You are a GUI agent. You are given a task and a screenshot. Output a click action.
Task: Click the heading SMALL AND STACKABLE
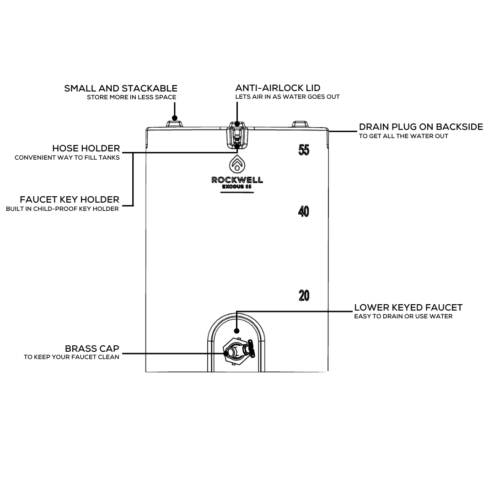point(121,88)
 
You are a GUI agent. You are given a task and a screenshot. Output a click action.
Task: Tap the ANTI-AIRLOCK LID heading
point(278,88)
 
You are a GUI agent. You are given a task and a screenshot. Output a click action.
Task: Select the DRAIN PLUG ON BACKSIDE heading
point(421,127)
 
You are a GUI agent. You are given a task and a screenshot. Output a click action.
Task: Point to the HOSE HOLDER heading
point(86,148)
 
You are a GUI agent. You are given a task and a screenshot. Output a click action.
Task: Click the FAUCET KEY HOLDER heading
point(70,199)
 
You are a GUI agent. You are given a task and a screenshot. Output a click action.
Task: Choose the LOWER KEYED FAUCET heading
point(408,307)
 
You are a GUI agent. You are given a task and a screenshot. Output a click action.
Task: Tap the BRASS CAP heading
point(92,349)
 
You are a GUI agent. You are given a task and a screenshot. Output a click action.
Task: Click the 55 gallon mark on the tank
point(304,150)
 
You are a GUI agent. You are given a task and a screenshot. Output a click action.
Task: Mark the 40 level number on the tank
point(304,211)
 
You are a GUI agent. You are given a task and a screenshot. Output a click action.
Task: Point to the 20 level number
point(304,296)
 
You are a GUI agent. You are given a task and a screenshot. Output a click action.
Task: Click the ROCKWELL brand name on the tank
point(237,180)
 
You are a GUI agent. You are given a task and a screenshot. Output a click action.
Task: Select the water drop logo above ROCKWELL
point(237,163)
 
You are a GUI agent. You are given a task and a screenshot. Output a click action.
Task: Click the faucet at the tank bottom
point(238,352)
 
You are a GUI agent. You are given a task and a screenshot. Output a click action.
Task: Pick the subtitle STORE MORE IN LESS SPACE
point(131,97)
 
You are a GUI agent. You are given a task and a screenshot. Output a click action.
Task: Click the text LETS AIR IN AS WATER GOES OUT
point(287,97)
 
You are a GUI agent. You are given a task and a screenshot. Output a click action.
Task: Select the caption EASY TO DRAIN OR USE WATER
point(403,317)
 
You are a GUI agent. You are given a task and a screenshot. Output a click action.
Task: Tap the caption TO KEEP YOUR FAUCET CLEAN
point(71,357)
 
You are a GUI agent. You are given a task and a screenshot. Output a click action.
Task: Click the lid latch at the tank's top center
point(237,135)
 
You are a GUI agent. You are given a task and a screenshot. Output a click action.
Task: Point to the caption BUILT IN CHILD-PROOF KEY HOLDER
point(62,209)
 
